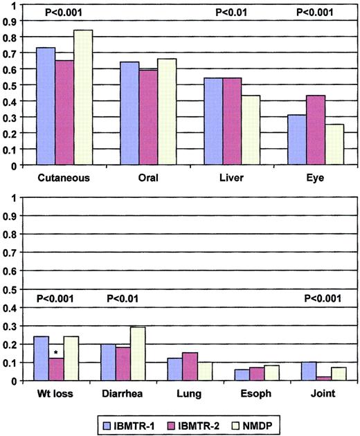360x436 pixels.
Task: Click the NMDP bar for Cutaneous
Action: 83,98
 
